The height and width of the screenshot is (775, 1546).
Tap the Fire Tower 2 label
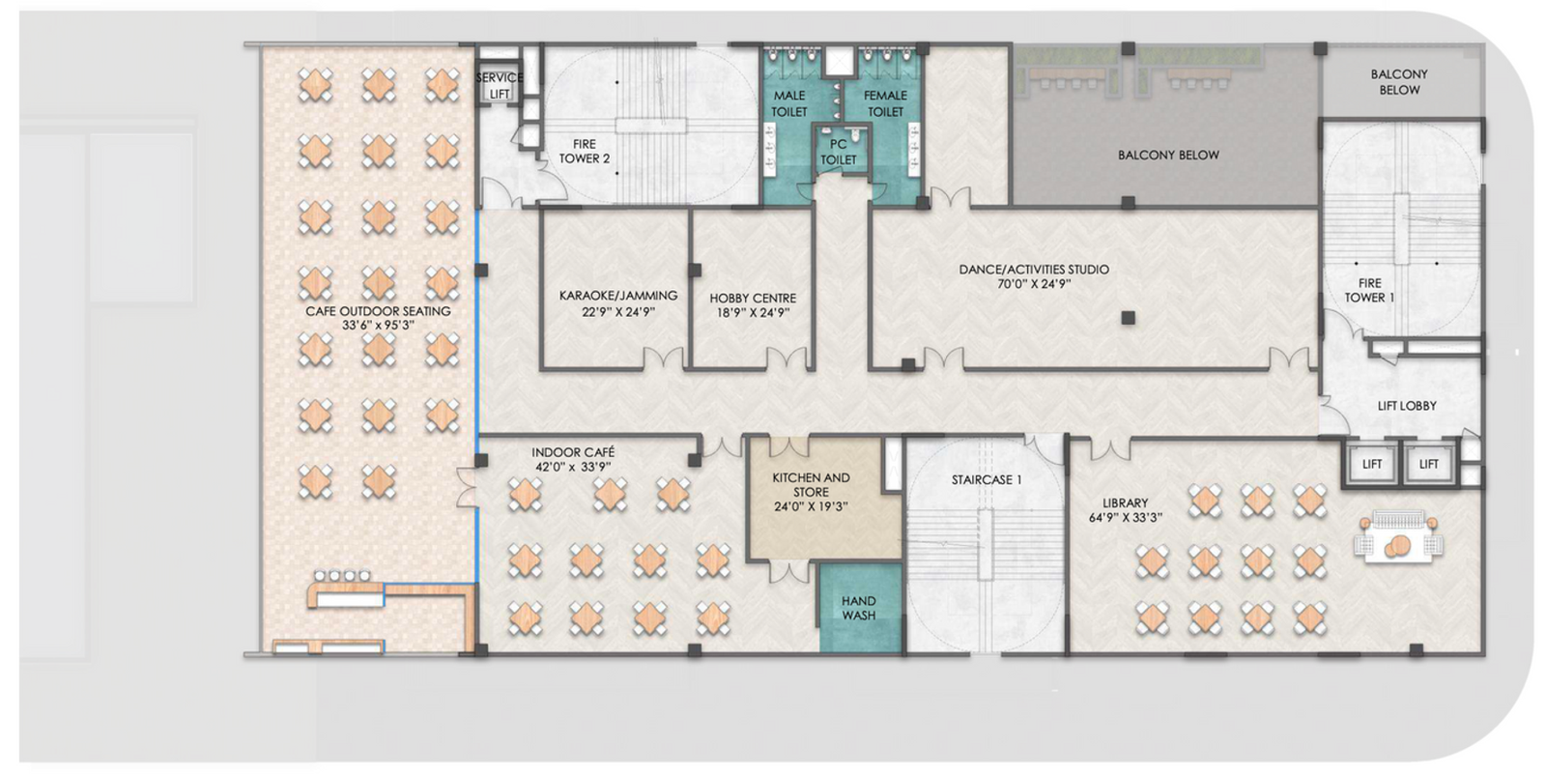pyautogui.click(x=585, y=152)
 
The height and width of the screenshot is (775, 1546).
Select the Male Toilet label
pyautogui.click(x=789, y=103)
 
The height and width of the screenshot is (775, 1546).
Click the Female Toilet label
pyautogui.click(x=885, y=103)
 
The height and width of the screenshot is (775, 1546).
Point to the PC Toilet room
pyautogui.click(x=839, y=152)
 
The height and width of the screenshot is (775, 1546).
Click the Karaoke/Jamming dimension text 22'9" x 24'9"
pyautogui.click(x=618, y=312)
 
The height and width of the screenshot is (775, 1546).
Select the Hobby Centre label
pyautogui.click(x=753, y=299)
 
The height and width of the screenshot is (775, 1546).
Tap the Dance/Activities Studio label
pyautogui.click(x=1034, y=270)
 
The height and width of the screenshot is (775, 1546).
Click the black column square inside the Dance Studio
pyautogui.click(x=1128, y=317)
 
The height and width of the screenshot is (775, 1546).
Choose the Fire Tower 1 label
pyautogui.click(x=1369, y=290)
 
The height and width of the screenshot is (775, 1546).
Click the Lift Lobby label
pyautogui.click(x=1406, y=406)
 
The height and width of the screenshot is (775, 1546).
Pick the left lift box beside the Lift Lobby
pyautogui.click(x=1372, y=464)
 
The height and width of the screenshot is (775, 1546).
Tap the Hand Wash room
pyautogui.click(x=858, y=608)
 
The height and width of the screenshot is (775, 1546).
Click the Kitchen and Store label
pyautogui.click(x=811, y=484)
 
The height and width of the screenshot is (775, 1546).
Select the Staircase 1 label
pyautogui.click(x=986, y=480)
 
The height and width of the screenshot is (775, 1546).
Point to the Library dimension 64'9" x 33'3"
pyautogui.click(x=1126, y=518)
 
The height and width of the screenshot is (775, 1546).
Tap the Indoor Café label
pyautogui.click(x=573, y=452)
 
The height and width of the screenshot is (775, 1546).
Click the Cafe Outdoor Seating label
pyautogui.click(x=378, y=311)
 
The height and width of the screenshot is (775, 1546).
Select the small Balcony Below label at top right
pyautogui.click(x=1398, y=81)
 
